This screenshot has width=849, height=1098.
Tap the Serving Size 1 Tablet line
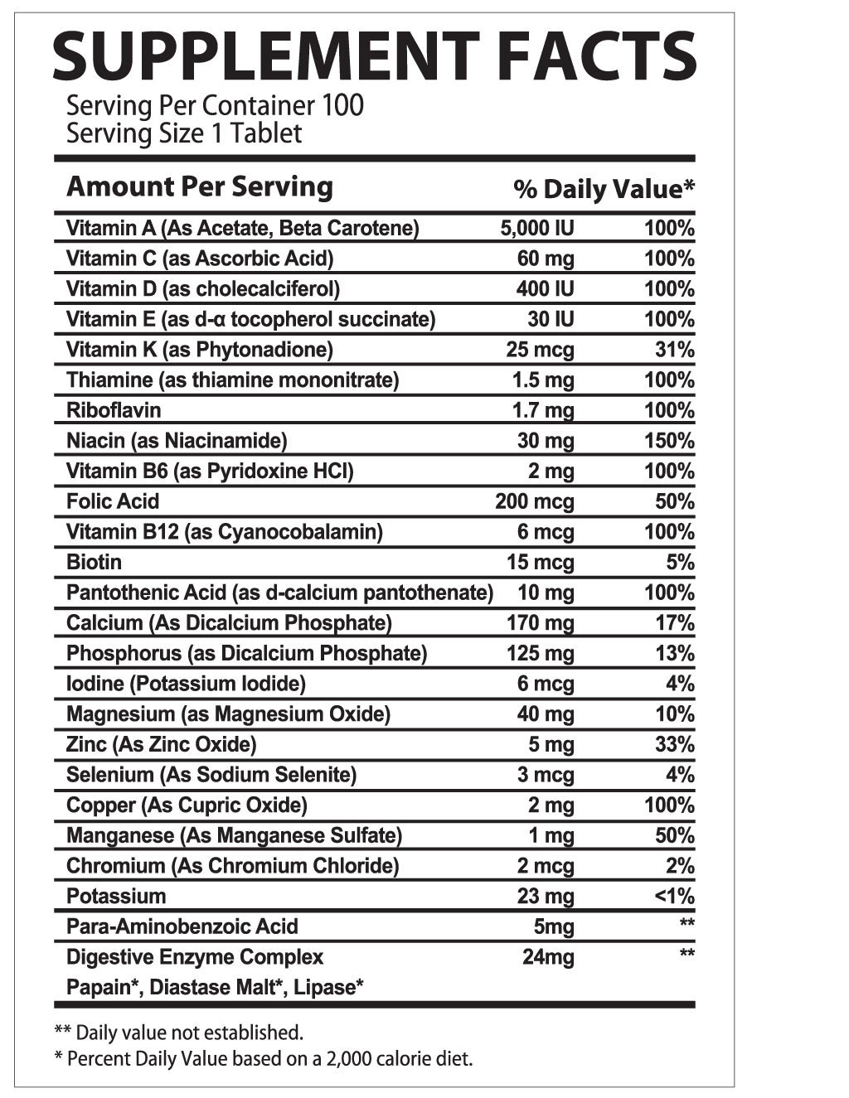184,133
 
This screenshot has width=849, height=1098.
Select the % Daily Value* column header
604,190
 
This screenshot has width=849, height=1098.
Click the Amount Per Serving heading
199,186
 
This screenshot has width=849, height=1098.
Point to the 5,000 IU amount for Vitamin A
536,228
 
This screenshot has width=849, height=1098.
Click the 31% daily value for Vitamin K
674,350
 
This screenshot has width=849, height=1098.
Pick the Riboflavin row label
114,410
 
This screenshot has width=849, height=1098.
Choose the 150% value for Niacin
669,441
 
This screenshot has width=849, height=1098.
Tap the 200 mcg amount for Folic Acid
534,501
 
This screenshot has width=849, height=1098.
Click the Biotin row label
94,562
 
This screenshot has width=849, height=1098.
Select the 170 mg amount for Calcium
540,623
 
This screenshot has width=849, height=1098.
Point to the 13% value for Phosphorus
674,653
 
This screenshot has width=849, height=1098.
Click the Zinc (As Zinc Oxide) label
161,744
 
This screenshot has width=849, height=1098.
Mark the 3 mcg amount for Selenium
551,775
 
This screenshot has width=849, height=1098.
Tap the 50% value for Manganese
674,835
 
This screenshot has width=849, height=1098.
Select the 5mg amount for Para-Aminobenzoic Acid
554,926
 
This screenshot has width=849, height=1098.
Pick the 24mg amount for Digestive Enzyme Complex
548,957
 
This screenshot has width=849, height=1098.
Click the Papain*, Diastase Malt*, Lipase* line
215,987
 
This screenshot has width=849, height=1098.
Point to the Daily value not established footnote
178,1033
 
